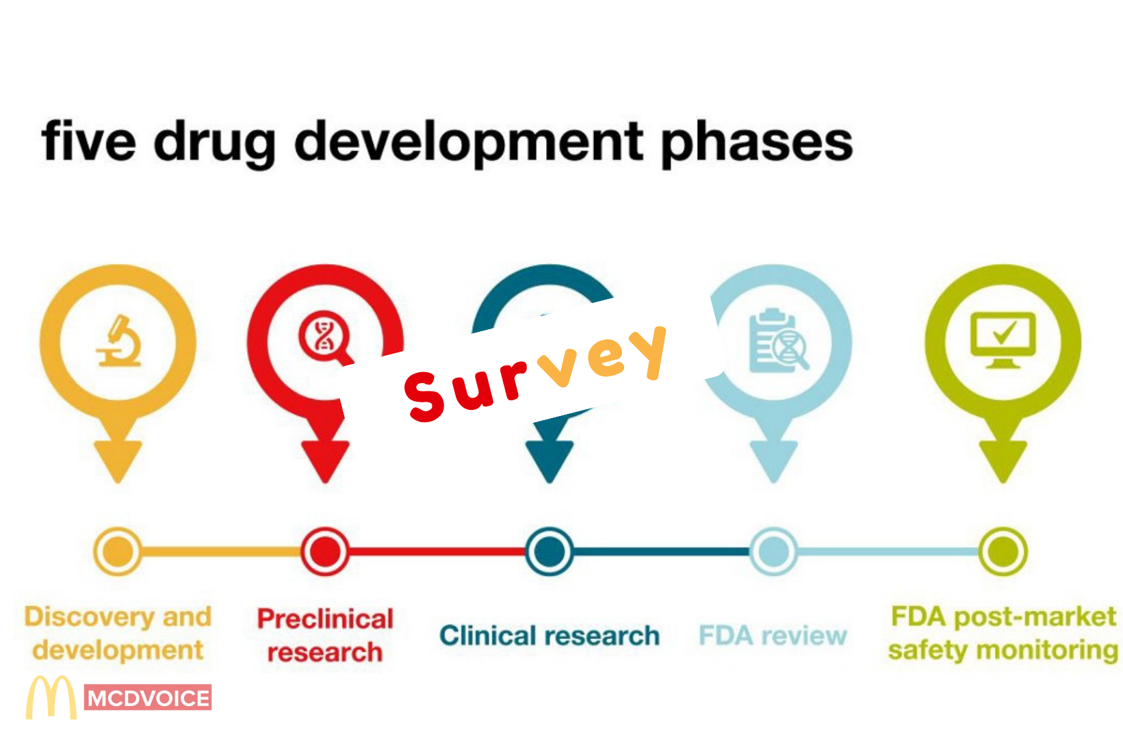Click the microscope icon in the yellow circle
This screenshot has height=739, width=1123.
(119, 341)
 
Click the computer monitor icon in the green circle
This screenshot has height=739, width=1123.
(1003, 339)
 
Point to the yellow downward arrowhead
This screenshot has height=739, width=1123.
(118, 459)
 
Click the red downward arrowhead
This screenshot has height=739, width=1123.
(325, 460)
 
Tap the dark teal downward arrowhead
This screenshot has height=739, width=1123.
(549, 460)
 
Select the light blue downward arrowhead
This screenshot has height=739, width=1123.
(773, 460)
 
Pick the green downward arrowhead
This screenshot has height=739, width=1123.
(1003, 460)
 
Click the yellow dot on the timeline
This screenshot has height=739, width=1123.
(118, 551)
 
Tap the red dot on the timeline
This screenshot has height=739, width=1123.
(325, 551)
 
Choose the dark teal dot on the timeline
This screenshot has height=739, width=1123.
(549, 551)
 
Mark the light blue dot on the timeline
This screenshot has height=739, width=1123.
(773, 551)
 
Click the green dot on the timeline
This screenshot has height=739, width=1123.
(1003, 551)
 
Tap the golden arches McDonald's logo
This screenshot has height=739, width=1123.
(51, 697)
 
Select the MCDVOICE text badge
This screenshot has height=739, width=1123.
(148, 698)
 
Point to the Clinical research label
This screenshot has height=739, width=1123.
(549, 636)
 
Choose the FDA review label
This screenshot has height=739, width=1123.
(773, 636)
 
